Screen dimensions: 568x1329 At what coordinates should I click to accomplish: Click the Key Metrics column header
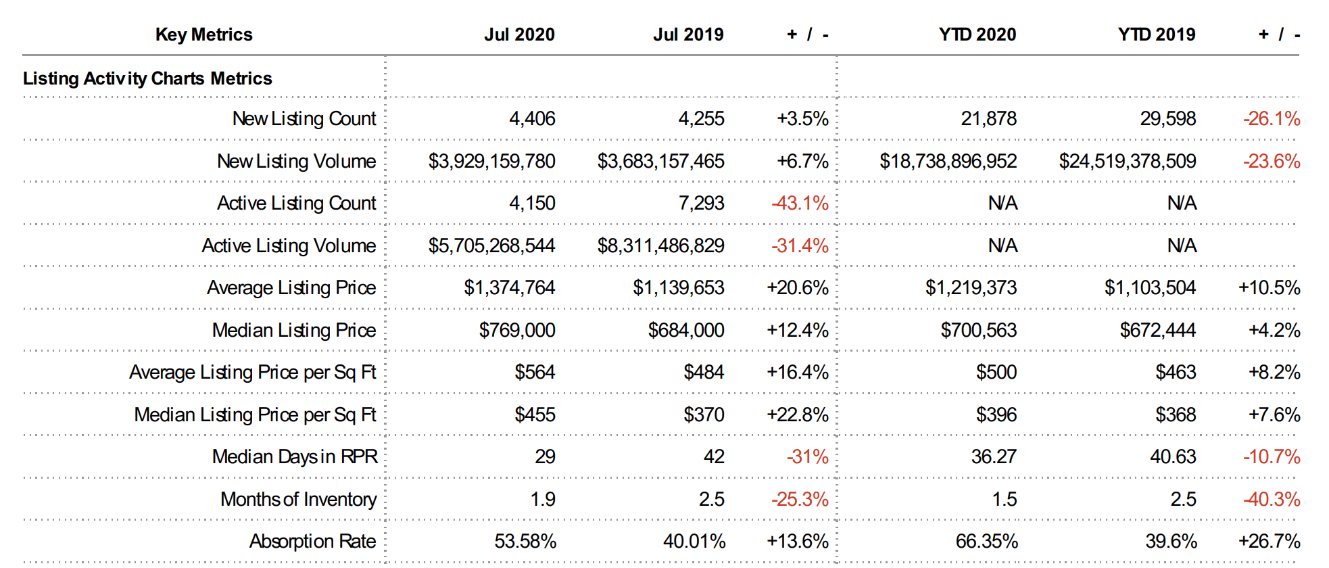point(203,34)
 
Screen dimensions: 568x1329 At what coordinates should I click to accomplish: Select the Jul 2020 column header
point(519,34)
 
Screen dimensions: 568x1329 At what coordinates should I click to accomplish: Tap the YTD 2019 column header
point(1156,34)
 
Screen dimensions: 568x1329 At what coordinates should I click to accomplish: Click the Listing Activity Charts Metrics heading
point(147,78)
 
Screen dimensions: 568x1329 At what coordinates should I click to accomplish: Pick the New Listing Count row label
point(304,118)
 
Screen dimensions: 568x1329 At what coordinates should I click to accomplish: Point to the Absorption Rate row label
point(312,541)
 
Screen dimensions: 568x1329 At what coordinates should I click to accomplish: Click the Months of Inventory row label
point(298,499)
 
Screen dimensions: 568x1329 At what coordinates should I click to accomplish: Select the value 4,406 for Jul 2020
point(532,118)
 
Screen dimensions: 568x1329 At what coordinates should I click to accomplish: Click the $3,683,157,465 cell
point(660,161)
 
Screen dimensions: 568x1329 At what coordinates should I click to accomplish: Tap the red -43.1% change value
point(800,203)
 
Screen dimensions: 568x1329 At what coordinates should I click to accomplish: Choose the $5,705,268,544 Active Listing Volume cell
point(491,245)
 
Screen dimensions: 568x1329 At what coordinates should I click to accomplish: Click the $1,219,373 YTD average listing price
point(971,287)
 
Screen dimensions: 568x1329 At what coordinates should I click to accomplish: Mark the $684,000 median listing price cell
point(685,330)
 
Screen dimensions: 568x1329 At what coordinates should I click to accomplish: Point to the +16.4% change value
point(797,372)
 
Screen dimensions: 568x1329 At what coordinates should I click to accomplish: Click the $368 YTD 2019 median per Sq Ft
point(1176,415)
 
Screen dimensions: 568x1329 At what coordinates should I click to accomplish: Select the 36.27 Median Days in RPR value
point(994,456)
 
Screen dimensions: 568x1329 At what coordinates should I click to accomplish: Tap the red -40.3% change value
point(1272,499)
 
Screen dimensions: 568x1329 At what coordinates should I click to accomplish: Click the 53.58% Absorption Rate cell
point(525,541)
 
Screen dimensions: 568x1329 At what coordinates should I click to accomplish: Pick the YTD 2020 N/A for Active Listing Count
point(1002,203)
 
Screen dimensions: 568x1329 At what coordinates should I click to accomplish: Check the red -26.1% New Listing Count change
point(1272,118)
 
